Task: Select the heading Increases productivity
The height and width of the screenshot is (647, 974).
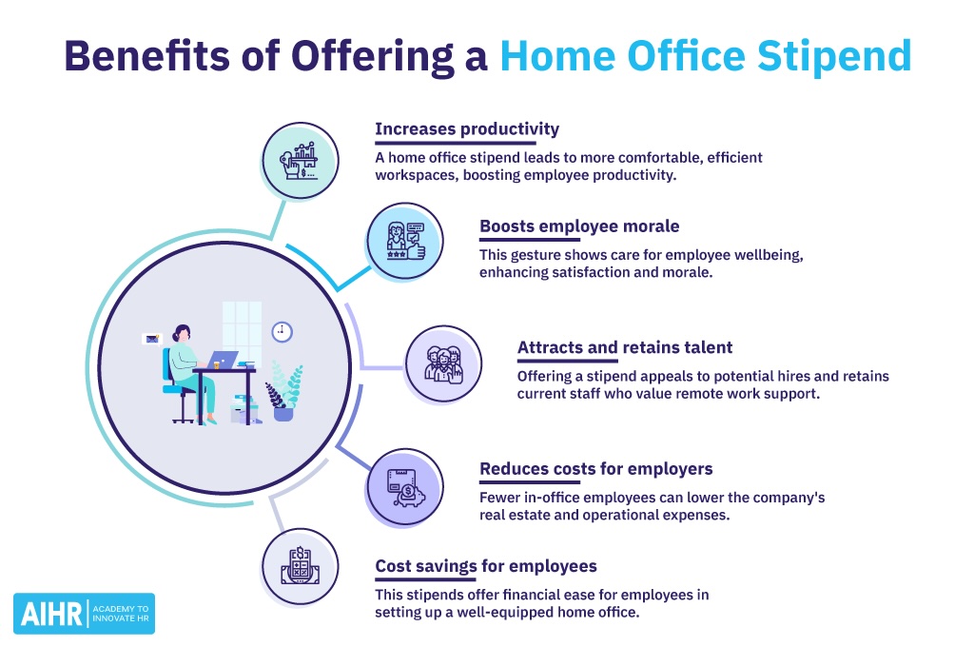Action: click(x=466, y=128)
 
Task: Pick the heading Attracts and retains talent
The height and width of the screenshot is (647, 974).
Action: click(x=625, y=347)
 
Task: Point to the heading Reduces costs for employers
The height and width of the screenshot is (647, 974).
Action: click(x=596, y=468)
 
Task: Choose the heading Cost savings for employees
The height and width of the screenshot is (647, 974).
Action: click(x=486, y=566)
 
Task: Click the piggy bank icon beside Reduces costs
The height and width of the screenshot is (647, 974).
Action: click(x=404, y=487)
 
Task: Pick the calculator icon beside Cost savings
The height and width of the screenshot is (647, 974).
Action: click(x=300, y=568)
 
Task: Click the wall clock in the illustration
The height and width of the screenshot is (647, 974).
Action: click(x=282, y=331)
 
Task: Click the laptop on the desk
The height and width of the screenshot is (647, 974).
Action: click(x=224, y=360)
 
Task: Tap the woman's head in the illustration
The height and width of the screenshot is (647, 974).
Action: click(x=182, y=332)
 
